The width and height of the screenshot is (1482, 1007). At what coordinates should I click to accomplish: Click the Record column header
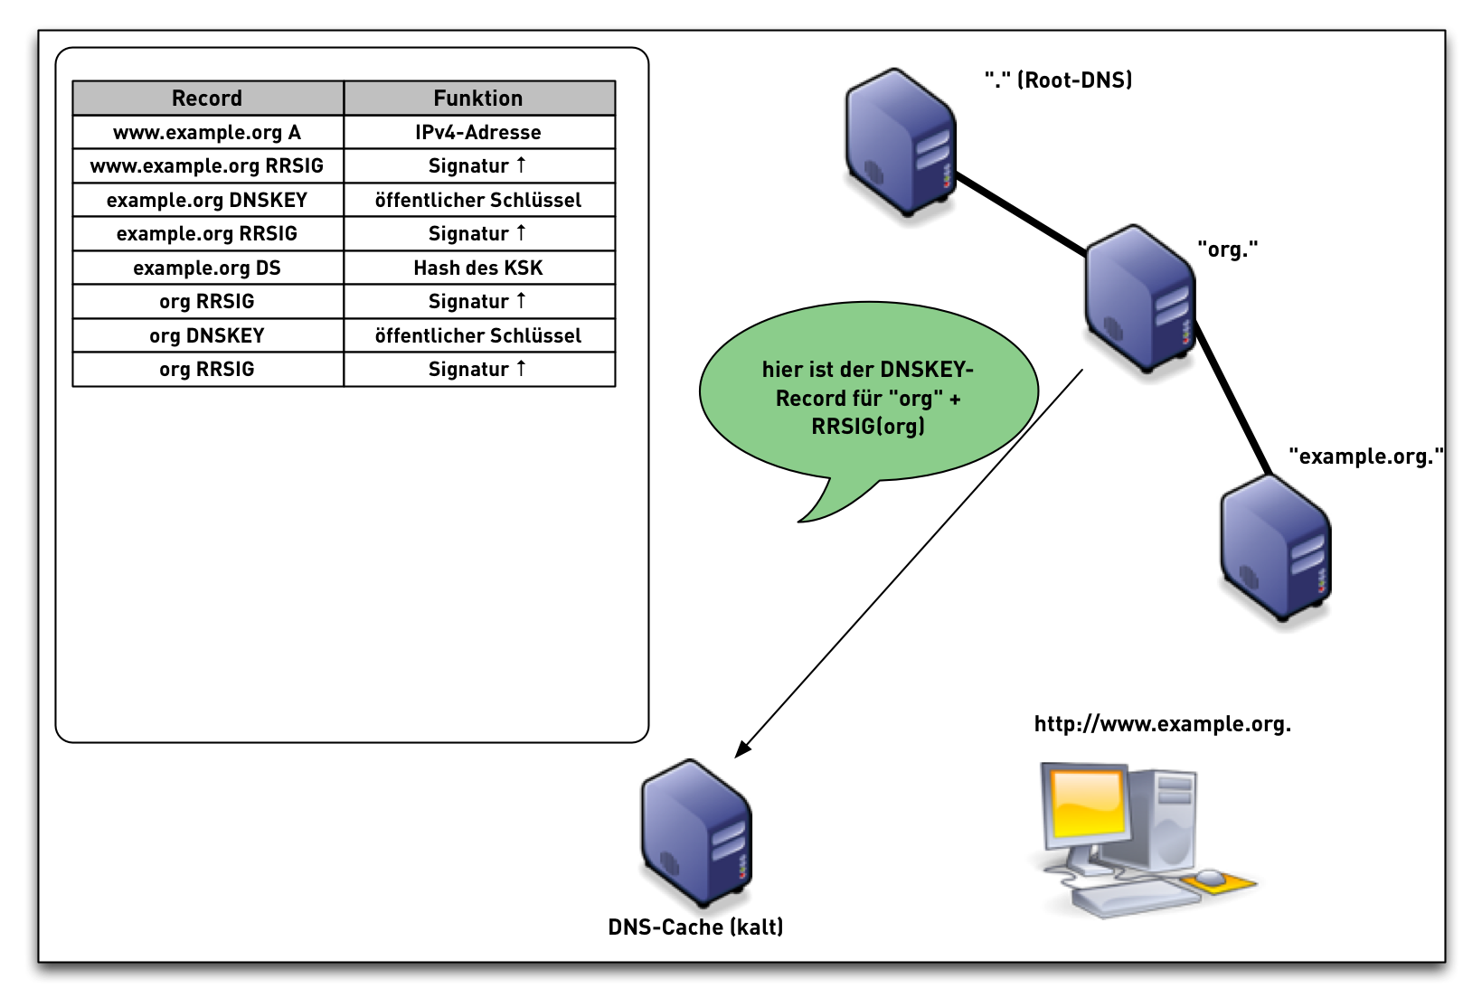(207, 98)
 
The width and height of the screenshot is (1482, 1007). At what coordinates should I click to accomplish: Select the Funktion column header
(478, 98)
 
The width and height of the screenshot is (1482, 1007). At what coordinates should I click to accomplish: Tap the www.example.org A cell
(207, 132)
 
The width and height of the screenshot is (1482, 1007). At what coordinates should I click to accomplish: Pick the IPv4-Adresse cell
(478, 132)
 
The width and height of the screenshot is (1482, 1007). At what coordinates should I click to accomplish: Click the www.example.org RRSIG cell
(207, 165)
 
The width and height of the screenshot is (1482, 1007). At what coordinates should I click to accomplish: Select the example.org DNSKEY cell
(207, 200)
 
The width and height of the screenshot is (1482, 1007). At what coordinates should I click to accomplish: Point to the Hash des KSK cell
(478, 268)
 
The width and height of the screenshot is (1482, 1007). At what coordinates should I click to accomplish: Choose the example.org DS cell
(207, 268)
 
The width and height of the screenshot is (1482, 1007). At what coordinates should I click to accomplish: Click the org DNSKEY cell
(207, 335)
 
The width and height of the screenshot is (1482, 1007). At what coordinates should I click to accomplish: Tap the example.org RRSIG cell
(207, 233)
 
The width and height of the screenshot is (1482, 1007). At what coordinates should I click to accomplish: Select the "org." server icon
(1140, 298)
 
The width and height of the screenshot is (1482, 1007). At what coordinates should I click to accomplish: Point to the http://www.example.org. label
(1162, 724)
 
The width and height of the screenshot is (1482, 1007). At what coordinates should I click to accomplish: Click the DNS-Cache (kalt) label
(695, 927)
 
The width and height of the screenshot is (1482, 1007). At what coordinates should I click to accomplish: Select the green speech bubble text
(868, 398)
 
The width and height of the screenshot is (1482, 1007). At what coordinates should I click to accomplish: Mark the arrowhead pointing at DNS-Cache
(742, 749)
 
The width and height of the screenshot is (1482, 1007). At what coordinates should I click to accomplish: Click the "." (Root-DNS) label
(1058, 80)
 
